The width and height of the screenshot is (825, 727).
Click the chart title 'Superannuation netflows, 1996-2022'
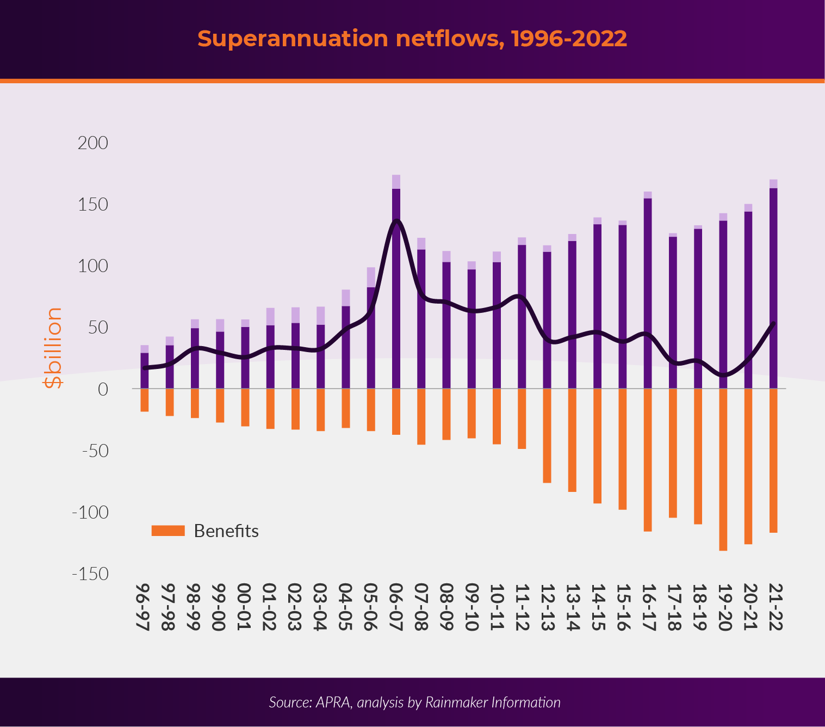coord(412,39)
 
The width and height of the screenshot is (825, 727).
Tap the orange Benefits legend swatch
coord(168,531)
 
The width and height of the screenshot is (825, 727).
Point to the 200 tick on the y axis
coord(93,143)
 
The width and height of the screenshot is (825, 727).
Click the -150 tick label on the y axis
coord(90,574)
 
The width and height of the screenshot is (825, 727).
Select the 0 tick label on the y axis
coord(103,389)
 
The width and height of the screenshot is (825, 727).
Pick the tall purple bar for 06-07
coord(396,288)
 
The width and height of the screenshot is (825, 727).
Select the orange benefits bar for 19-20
coord(723,469)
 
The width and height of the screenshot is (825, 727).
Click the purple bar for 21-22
coord(773,288)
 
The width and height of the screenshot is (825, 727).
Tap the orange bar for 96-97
coord(145,400)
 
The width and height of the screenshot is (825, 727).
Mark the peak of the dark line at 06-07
coord(396,220)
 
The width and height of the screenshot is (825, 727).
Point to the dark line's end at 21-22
coord(773,323)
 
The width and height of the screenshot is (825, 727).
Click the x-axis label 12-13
coord(547,607)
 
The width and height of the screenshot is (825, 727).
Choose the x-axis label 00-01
coord(245,607)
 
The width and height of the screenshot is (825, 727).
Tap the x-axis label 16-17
coord(648,607)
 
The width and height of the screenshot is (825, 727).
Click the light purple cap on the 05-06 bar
coord(371,277)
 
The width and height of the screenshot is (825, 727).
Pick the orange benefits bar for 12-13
coord(547,435)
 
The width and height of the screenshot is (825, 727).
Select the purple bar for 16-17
coord(648,294)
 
